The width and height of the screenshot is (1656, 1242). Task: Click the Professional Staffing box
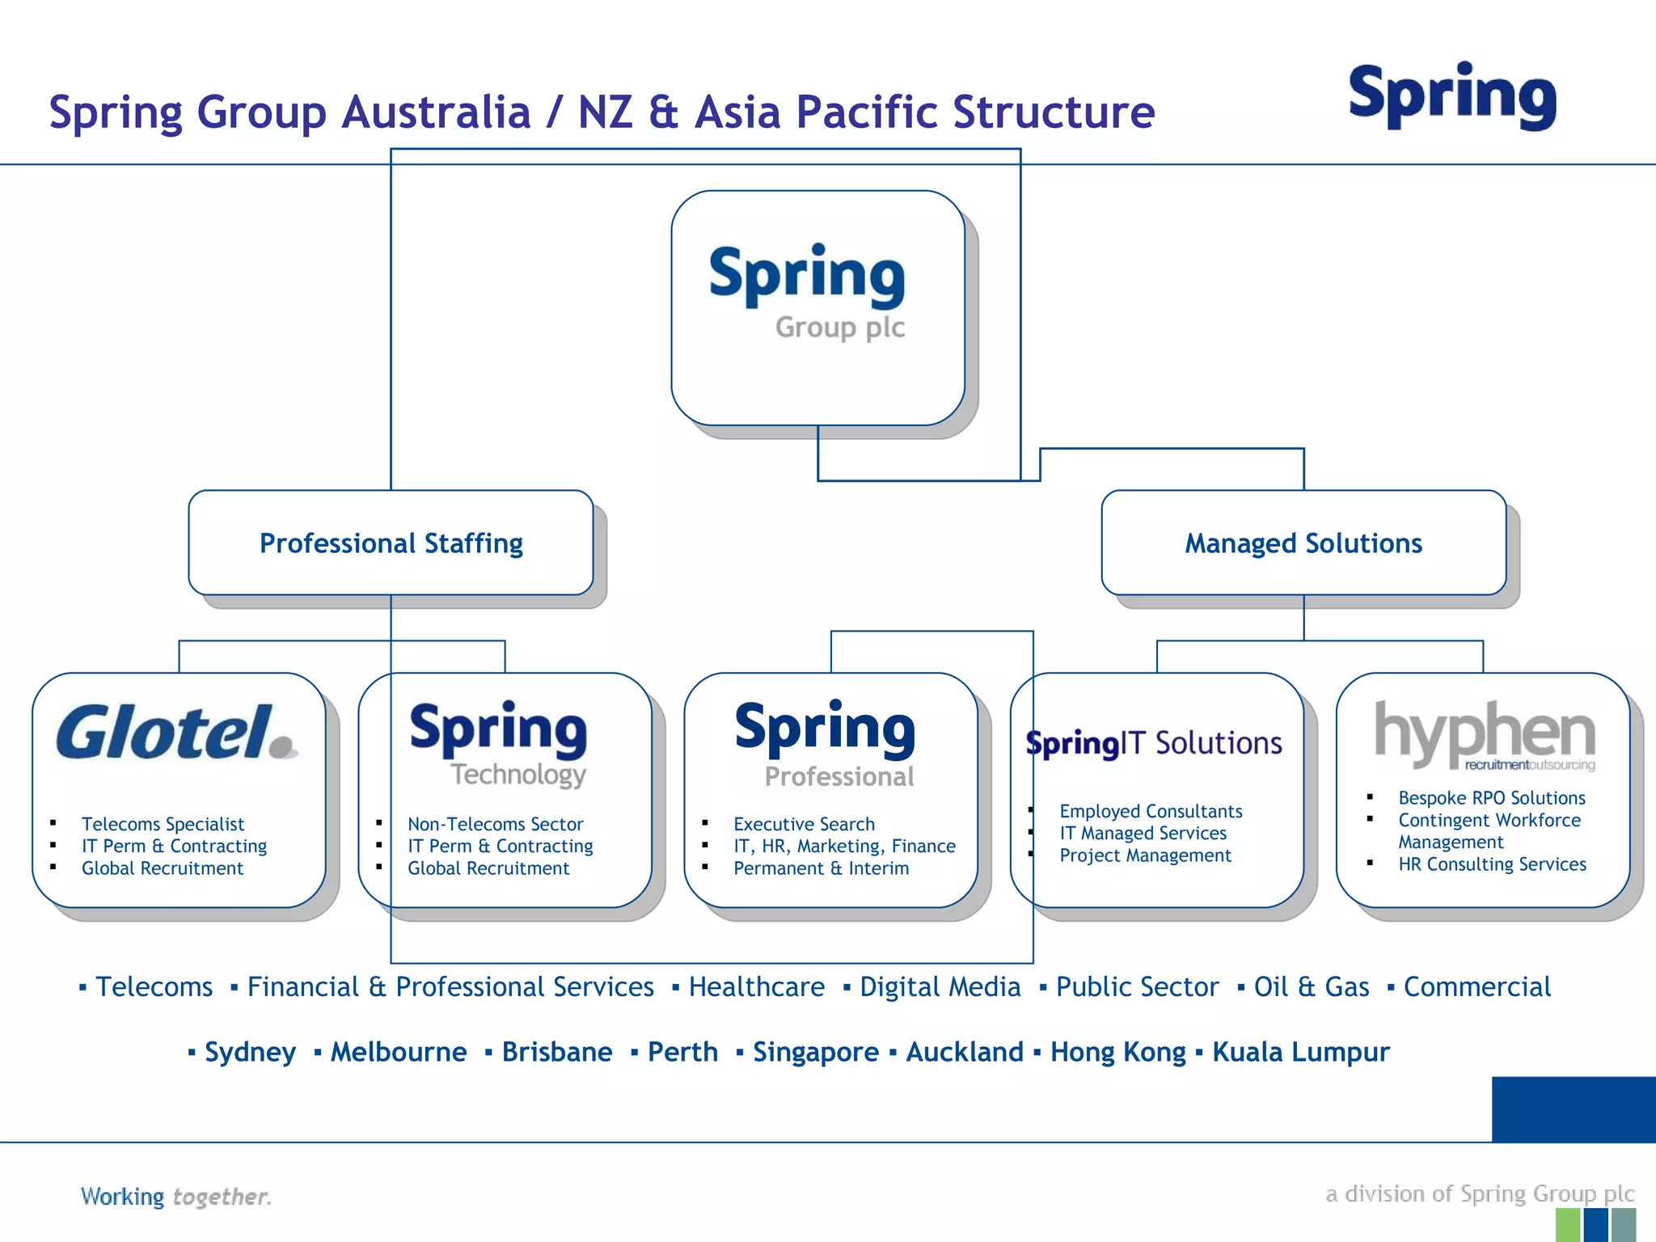click(391, 543)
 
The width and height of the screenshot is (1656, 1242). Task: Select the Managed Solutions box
click(1303, 543)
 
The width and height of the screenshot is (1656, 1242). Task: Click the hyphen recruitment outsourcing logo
click(1485, 734)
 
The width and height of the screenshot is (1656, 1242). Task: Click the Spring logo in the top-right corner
click(1452, 96)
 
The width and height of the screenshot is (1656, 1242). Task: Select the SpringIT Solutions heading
click(1154, 743)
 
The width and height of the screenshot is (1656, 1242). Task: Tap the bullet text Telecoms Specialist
click(163, 824)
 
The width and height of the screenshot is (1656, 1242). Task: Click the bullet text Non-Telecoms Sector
click(495, 824)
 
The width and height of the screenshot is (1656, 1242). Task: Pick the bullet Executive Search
click(804, 824)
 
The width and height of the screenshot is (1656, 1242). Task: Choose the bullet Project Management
click(1145, 855)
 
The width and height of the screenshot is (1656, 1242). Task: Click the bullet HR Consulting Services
click(1492, 864)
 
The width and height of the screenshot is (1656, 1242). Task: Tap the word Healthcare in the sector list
click(756, 987)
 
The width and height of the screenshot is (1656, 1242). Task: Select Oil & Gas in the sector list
click(1311, 987)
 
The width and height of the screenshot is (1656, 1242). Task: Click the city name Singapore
click(815, 1052)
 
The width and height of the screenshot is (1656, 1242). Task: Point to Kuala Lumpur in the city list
click(1300, 1052)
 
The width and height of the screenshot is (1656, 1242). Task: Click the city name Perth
click(682, 1052)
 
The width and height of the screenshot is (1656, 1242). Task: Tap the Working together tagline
click(175, 1197)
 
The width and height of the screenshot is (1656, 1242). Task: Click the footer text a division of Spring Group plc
click(1479, 1193)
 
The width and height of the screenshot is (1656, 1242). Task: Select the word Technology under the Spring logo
click(518, 775)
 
